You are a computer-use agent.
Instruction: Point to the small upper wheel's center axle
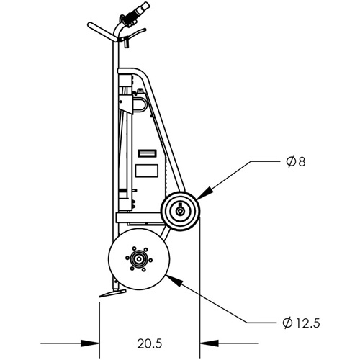point(180,212)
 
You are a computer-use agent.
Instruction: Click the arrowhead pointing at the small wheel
point(205,194)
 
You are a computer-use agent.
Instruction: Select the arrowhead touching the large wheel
point(171,278)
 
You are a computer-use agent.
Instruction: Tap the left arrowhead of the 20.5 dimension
point(93,343)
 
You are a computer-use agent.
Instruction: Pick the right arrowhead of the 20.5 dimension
point(206,343)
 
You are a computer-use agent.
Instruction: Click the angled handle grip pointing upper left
point(101,32)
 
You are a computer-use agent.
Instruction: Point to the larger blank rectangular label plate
point(147,171)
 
